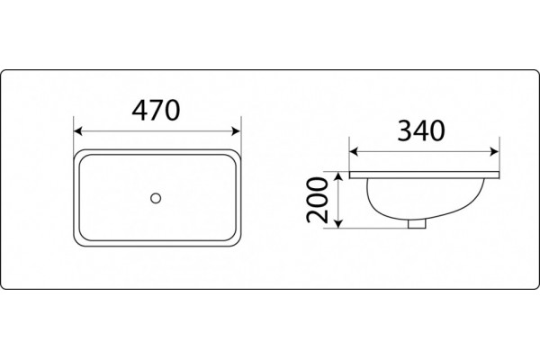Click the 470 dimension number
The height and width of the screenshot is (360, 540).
click(x=156, y=110)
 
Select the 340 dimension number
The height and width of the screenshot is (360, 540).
click(x=421, y=130)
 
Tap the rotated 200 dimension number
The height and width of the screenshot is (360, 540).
click(x=317, y=200)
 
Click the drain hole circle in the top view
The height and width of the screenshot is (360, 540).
click(x=156, y=198)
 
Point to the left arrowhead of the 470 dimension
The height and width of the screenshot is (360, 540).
click(x=78, y=130)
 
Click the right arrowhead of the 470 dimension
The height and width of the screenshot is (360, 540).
click(x=236, y=130)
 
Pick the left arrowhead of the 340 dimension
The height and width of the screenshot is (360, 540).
click(x=354, y=151)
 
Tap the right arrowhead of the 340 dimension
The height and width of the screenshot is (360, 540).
click(x=494, y=151)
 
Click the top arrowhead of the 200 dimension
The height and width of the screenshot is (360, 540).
click(x=339, y=176)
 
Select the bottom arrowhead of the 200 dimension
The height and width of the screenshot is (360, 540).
click(x=339, y=223)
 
